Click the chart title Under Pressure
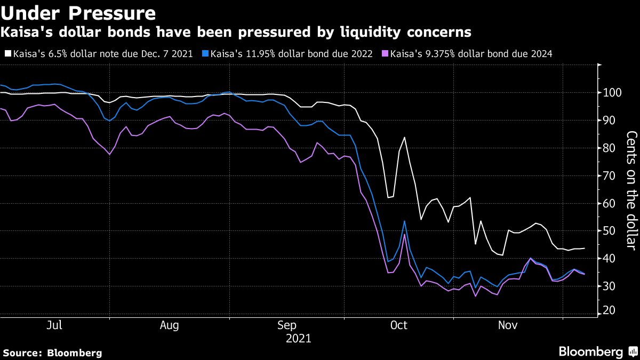tap(79, 12)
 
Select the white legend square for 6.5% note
tap(7, 54)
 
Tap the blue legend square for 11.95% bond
tap(206, 54)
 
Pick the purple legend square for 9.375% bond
tap(386, 54)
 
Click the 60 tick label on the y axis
tap(609, 204)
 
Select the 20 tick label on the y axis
tap(609, 310)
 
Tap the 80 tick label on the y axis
tap(609, 148)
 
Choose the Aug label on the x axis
tap(169, 325)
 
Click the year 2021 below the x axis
tap(298, 339)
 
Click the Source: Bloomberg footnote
tap(52, 353)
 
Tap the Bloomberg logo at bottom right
tap(597, 351)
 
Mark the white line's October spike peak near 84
tap(404, 138)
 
